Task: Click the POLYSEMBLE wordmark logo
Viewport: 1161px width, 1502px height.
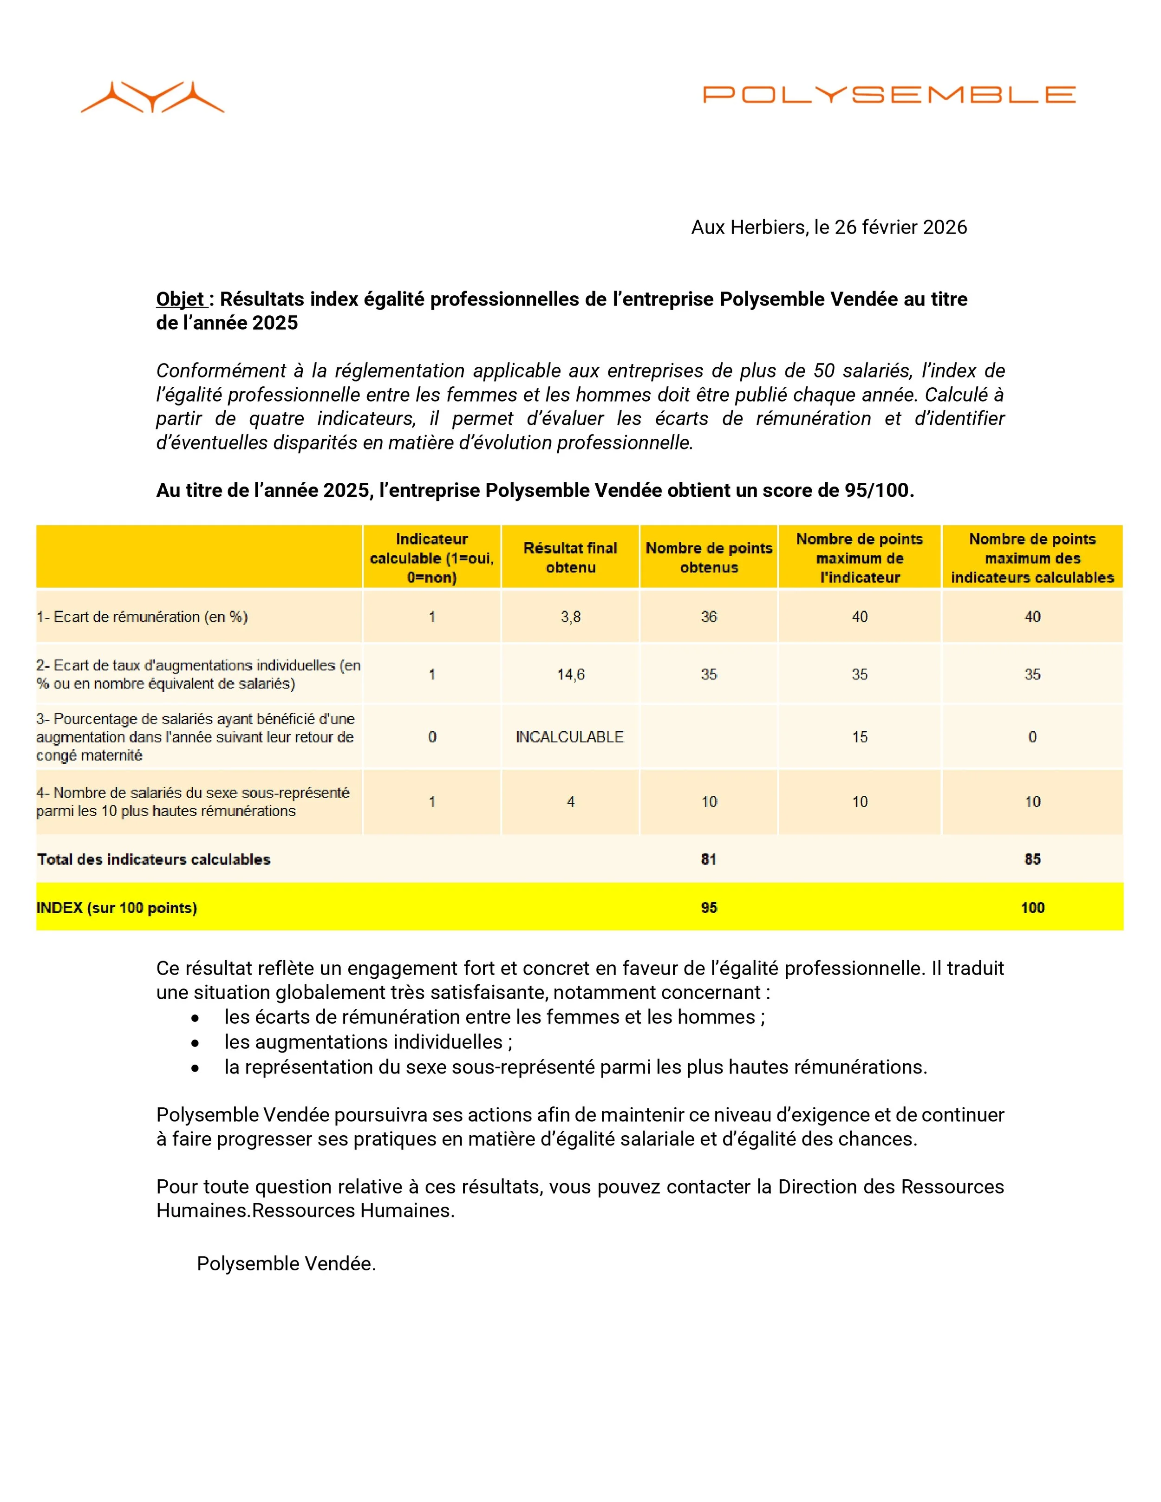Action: (889, 94)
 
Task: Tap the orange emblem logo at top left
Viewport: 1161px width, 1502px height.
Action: (153, 97)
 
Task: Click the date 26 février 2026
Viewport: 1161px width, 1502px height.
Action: (900, 228)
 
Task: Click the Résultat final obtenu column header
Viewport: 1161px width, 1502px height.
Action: (570, 558)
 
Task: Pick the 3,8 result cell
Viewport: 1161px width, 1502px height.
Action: (570, 617)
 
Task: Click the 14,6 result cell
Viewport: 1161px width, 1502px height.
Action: (570, 675)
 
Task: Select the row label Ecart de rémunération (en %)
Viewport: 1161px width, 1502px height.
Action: (143, 617)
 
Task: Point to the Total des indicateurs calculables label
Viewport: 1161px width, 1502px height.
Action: (154, 860)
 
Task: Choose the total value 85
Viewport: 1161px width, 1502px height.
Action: (1032, 860)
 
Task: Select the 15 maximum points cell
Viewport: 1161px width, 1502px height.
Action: (859, 737)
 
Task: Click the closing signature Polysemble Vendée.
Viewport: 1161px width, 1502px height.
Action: (286, 1264)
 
